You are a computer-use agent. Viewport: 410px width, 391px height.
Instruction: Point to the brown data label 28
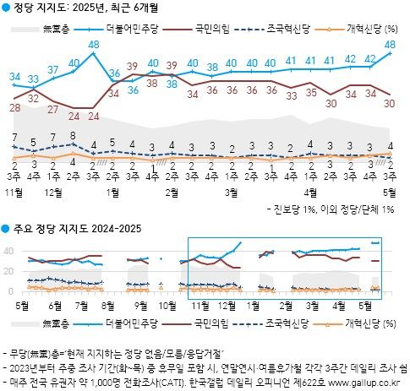[15, 107]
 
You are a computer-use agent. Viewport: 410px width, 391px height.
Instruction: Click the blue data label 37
[53, 69]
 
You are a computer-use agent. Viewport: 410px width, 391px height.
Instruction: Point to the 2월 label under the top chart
[172, 193]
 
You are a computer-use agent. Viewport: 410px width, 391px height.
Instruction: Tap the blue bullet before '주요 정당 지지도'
[6, 230]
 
